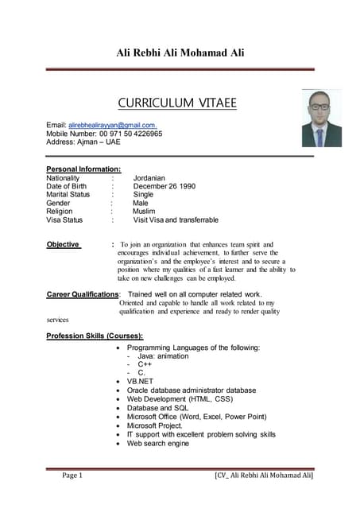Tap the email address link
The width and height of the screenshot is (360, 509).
pos(112,126)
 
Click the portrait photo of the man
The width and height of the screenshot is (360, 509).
pos(321,118)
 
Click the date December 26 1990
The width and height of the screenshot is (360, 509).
pos(164,186)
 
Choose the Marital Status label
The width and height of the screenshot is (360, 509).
pos(68,194)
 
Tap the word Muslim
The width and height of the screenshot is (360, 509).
pos(144,211)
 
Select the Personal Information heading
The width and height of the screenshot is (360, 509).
pos(83,169)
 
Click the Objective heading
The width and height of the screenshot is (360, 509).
pos(63,244)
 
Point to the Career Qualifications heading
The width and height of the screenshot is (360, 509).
pos(82,294)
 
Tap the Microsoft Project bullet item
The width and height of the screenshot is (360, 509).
pos(154,425)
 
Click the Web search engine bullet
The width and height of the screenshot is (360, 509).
pos(157,443)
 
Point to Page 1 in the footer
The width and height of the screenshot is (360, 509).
pos(72,476)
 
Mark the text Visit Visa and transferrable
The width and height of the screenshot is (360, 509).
pos(176,220)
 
